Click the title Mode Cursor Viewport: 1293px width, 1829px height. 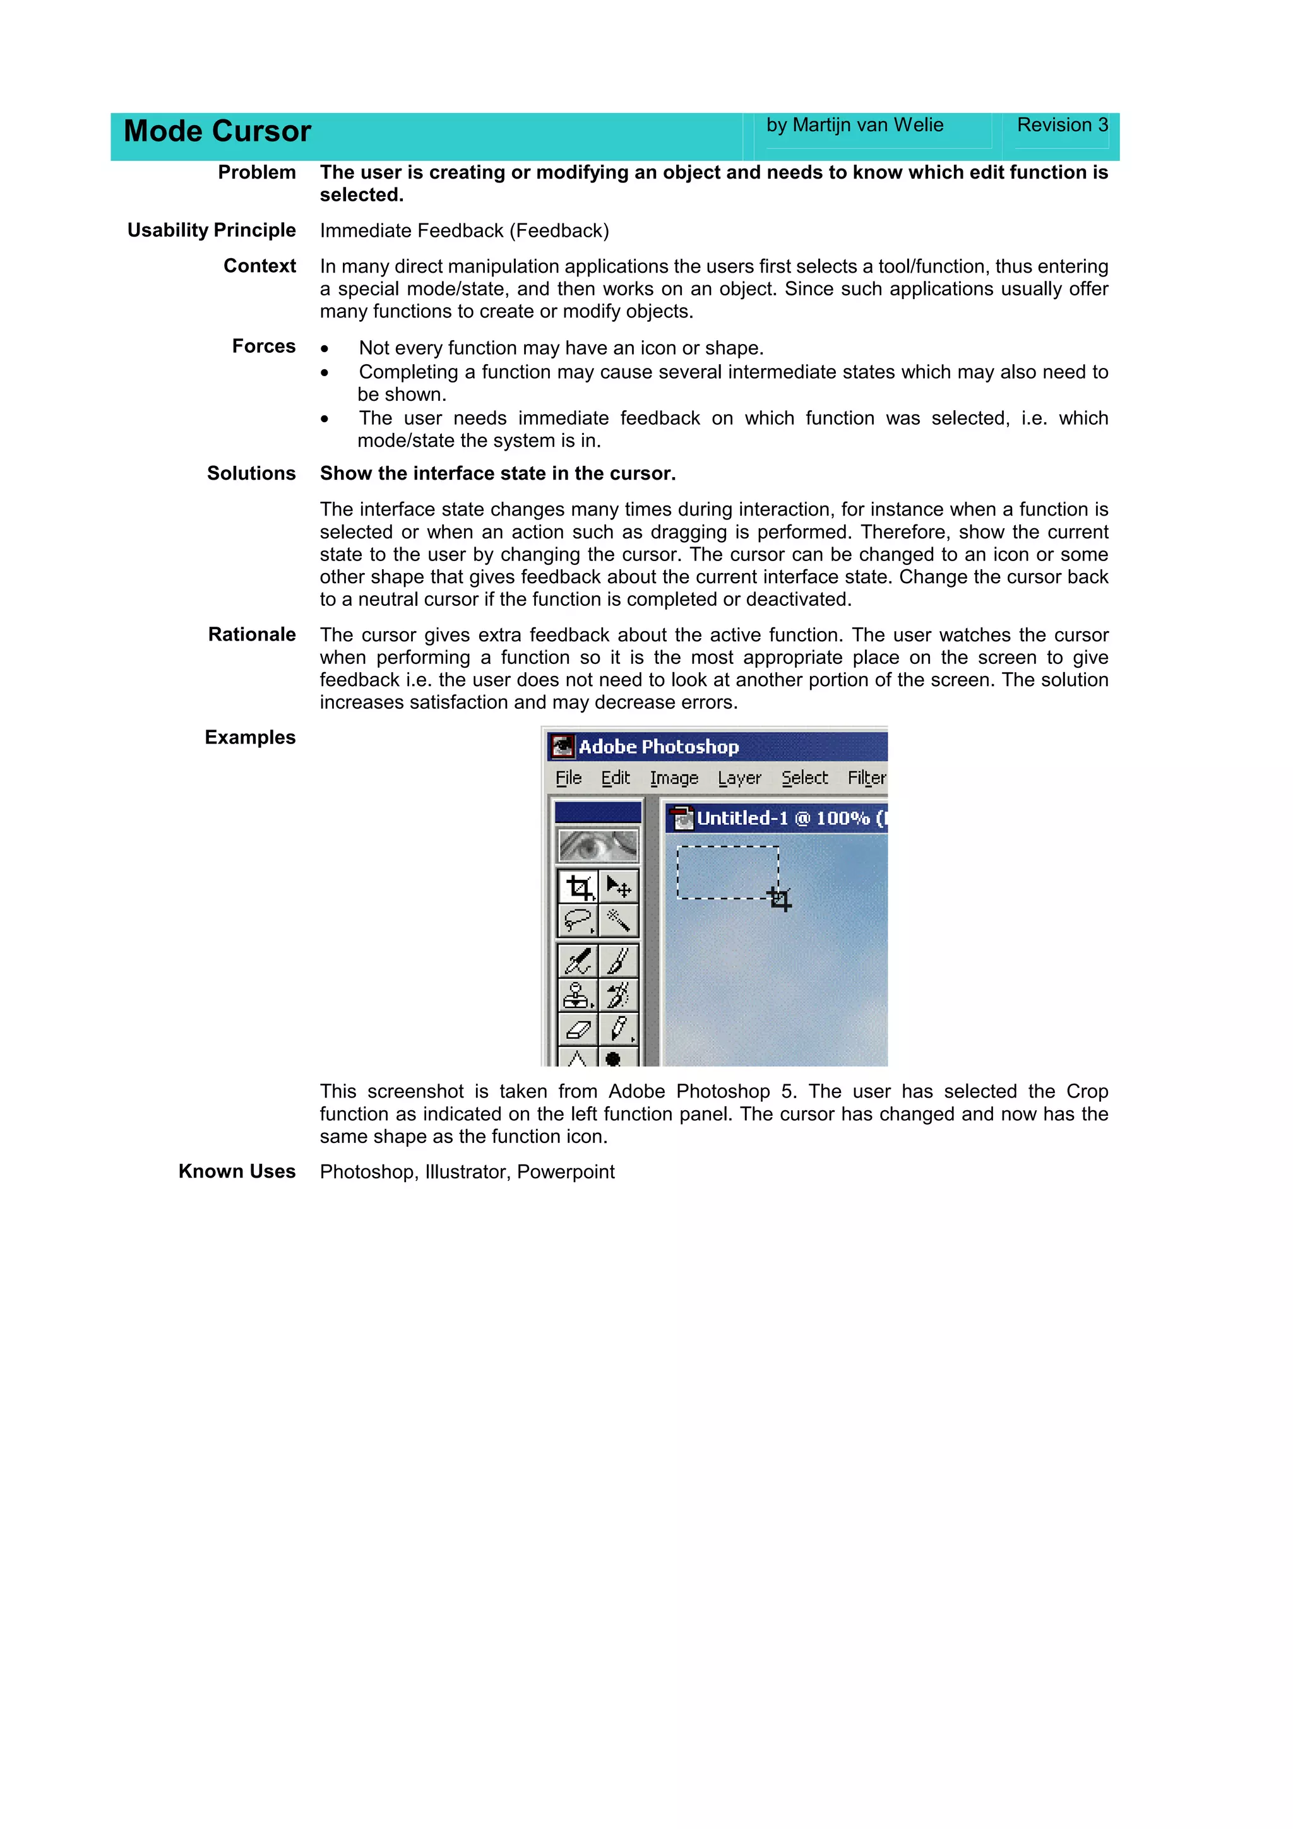(x=217, y=131)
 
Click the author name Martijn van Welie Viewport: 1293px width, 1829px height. (x=867, y=125)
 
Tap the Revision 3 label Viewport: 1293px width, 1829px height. (x=1061, y=125)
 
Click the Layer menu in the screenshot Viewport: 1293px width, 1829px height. (x=739, y=778)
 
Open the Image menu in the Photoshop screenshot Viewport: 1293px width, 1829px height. (x=673, y=778)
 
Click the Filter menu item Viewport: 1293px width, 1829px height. (x=866, y=778)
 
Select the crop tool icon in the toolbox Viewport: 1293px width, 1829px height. (x=579, y=887)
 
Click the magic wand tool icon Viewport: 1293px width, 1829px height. (x=618, y=921)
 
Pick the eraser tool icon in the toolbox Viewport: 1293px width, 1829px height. (x=578, y=1030)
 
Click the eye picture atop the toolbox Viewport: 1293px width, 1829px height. (x=599, y=845)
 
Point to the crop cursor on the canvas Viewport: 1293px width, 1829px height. (x=780, y=899)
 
